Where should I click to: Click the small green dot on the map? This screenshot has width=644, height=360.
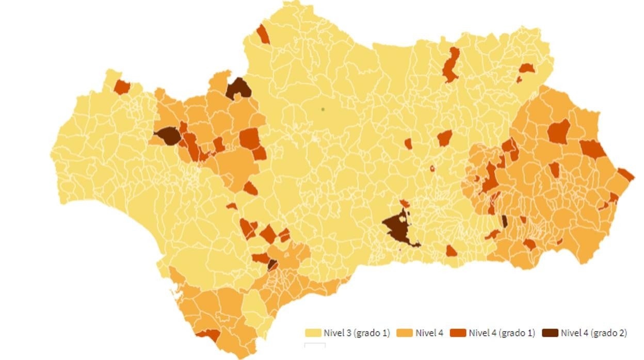[323, 109]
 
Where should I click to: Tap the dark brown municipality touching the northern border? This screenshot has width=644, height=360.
[238, 89]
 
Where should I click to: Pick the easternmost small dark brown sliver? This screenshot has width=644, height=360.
[504, 221]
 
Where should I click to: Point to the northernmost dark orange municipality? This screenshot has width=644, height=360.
[263, 34]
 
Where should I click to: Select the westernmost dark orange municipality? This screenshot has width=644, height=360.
[122, 87]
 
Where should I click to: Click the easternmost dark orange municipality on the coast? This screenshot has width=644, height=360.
[625, 174]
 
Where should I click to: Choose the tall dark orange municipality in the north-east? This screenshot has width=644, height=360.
[451, 64]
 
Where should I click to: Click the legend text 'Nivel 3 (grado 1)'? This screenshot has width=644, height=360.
[357, 333]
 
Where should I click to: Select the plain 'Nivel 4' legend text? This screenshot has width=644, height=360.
[429, 333]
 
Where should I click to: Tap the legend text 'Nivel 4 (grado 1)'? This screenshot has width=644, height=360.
[502, 333]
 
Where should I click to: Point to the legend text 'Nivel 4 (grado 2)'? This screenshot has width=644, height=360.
[593, 333]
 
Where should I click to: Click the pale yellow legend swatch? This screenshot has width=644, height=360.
[313, 333]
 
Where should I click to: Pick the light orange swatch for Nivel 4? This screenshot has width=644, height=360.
[404, 333]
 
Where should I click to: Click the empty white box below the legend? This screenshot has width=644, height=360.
[315, 345]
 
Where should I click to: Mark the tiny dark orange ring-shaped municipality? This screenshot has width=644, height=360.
[432, 168]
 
